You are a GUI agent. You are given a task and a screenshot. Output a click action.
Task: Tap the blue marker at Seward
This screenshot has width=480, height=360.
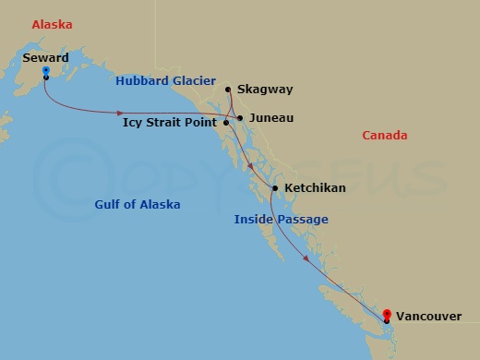pyautogui.click(x=45, y=69)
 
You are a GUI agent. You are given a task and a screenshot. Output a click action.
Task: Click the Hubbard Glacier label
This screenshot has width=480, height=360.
pyautogui.click(x=165, y=81)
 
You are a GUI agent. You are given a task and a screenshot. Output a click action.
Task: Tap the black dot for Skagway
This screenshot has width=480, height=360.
pyautogui.click(x=228, y=90)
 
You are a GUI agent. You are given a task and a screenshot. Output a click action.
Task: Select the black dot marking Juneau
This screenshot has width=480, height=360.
pyautogui.click(x=239, y=118)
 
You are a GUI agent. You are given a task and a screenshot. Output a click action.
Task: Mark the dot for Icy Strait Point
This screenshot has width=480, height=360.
pyautogui.click(x=226, y=122)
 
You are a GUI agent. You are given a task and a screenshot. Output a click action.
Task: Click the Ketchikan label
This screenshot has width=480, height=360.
pyautogui.click(x=316, y=188)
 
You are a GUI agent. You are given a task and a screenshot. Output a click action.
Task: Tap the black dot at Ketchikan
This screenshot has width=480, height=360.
pyautogui.click(x=275, y=188)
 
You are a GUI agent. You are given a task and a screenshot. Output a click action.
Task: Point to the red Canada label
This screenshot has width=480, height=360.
pyautogui.click(x=385, y=136)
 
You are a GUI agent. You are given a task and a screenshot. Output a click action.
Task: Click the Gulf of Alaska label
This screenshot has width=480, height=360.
pyautogui.click(x=138, y=204)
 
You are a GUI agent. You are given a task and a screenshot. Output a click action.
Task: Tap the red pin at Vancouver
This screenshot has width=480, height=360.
pyautogui.click(x=388, y=314)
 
